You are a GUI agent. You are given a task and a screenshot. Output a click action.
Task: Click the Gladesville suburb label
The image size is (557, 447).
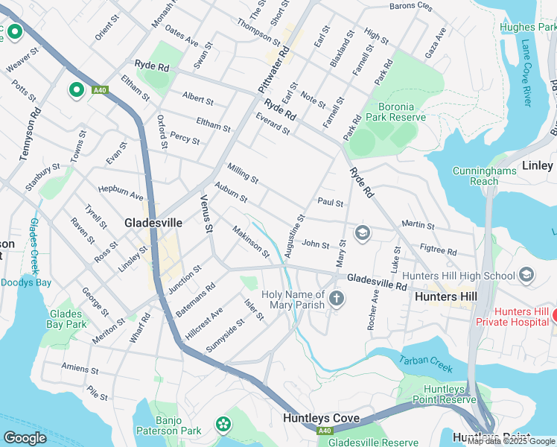coord(153,223)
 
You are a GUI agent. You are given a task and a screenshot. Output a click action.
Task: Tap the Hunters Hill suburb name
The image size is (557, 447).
coord(447,297)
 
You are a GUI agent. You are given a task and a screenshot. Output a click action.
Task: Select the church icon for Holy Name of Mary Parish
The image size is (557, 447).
coord(337,299)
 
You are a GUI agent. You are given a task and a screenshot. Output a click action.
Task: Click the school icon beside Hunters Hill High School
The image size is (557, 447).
coord(526,276)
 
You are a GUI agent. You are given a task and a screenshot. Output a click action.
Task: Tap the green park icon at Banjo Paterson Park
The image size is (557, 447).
coord(223,425)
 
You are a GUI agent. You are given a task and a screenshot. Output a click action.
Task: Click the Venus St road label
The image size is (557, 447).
coord(206,212)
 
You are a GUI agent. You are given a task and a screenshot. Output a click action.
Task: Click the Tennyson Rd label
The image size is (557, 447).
coord(30,133)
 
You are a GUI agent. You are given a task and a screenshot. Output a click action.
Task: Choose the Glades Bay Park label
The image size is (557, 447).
coord(66,319)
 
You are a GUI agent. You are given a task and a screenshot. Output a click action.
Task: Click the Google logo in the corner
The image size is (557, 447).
coord(25,438)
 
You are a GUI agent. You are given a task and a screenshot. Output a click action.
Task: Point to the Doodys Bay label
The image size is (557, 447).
coord(26,282)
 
